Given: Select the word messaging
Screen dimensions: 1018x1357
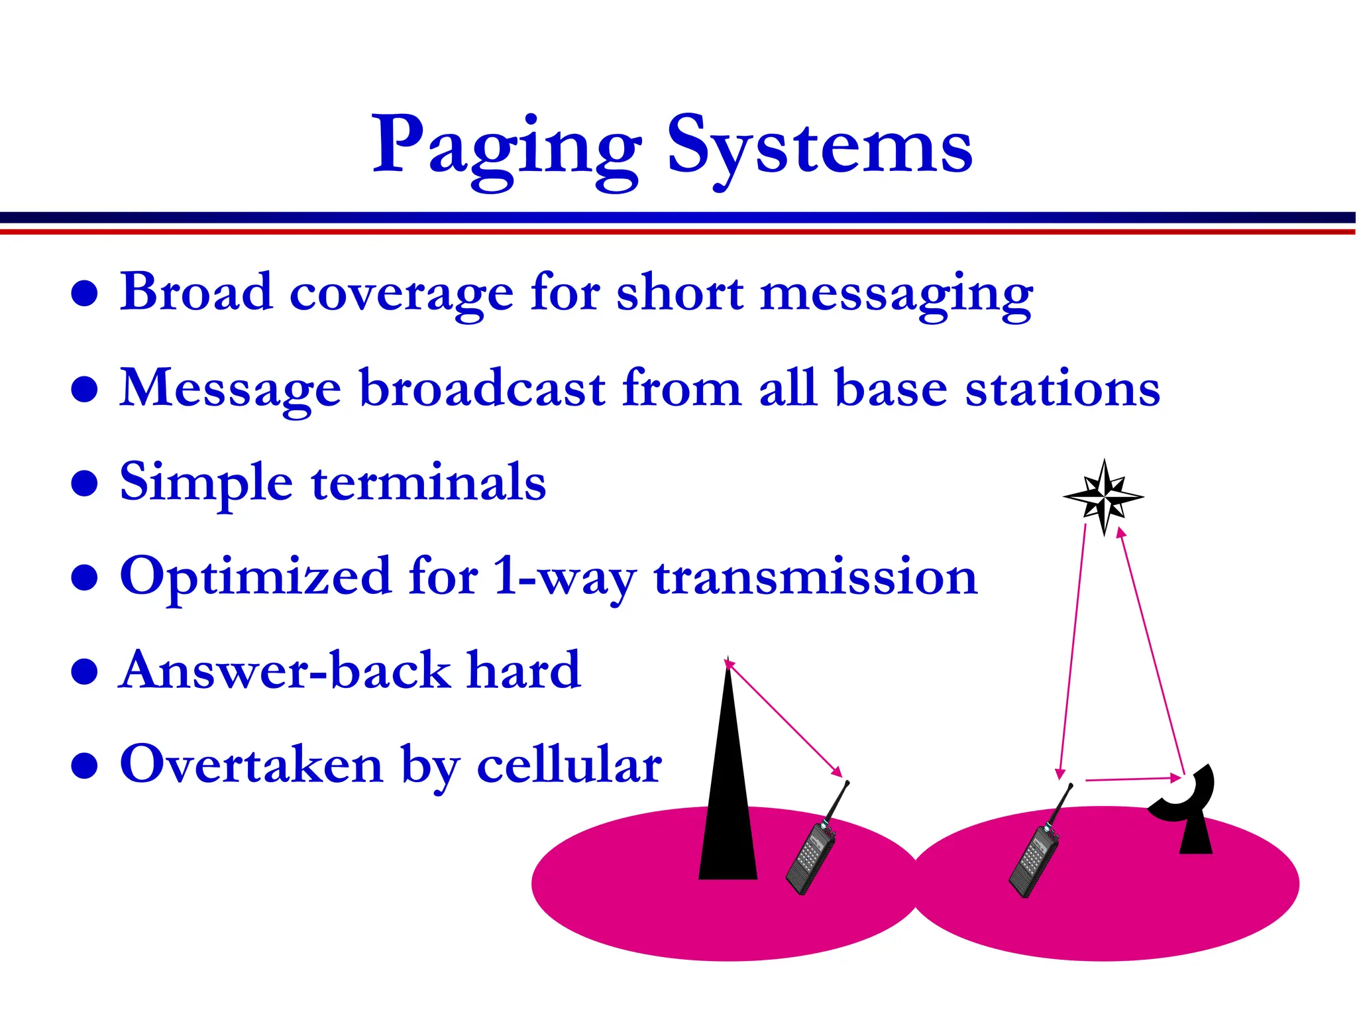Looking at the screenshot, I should (896, 294).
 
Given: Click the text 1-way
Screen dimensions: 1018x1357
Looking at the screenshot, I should (565, 577).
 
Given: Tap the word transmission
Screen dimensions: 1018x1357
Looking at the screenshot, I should (815, 577).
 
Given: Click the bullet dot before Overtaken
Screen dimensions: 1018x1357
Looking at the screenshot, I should (85, 765).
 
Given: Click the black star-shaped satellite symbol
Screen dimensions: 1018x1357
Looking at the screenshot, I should (1103, 496).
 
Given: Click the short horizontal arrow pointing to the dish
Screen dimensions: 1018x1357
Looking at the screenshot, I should (1134, 779).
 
